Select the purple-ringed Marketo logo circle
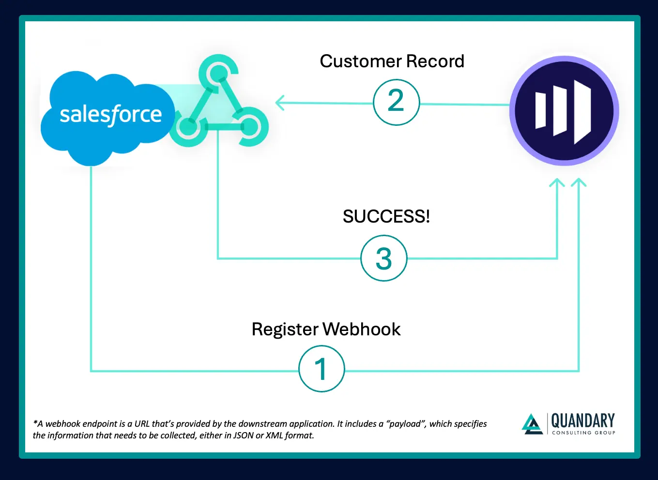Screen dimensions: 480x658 564,111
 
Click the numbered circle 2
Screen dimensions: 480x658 396,102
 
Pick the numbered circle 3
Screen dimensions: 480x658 384,258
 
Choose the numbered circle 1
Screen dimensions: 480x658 321,369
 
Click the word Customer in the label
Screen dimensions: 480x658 360,61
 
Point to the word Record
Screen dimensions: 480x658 435,61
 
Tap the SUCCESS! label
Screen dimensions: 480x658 386,216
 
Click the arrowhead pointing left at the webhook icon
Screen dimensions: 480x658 280,103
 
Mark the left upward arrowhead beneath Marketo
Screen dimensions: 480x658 557,183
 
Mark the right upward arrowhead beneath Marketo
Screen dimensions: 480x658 579,183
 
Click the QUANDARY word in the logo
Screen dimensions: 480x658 583,420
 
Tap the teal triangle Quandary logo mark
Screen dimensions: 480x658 532,424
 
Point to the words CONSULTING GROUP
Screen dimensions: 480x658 583,433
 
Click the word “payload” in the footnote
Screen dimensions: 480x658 406,424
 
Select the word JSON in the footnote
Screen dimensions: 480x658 244,435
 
